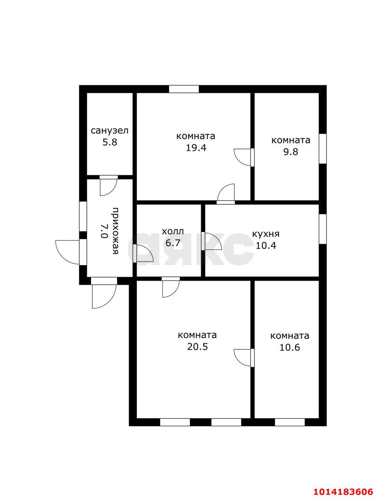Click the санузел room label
coord(109,131)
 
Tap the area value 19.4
coord(196,148)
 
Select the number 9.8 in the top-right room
coord(291,152)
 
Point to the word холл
coord(173,231)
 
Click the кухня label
coord(266,234)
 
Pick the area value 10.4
coord(266,246)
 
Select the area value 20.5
coord(197,347)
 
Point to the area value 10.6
coord(290,347)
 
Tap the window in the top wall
coord(184,89)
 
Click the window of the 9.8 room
coord(322,149)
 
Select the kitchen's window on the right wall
coord(322,229)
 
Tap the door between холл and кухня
coord(211,241)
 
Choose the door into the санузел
coord(109,186)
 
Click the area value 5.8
coord(110,142)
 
